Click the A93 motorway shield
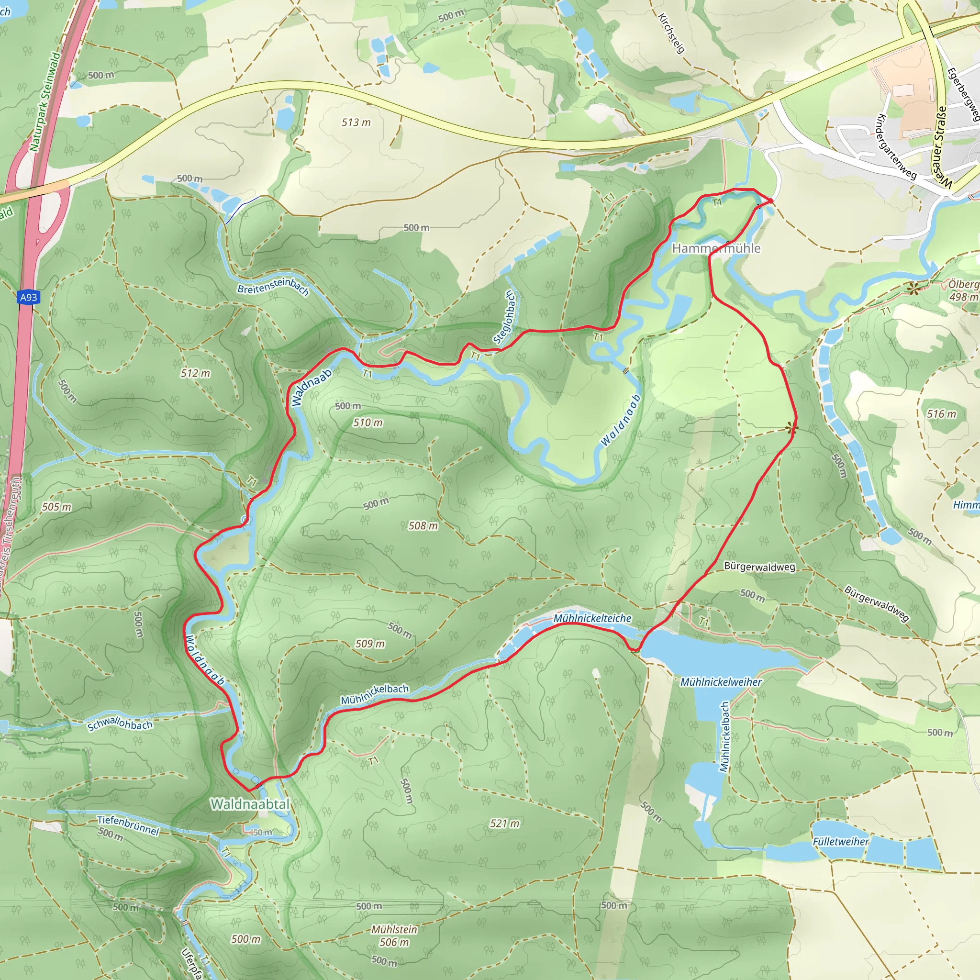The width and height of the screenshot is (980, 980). point(28,297)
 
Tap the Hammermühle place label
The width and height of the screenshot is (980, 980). point(716,248)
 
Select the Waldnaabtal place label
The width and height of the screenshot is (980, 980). point(250,804)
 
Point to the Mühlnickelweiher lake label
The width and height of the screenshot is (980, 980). point(721,682)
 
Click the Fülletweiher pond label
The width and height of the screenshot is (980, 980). point(840,842)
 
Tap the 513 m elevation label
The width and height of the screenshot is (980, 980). point(356,122)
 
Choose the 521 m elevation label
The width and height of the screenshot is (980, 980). point(504,823)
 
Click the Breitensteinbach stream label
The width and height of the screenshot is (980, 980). point(273,289)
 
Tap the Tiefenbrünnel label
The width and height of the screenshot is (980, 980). point(128,825)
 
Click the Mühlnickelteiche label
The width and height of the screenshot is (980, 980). point(592,618)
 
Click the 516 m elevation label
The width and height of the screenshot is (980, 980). point(941,414)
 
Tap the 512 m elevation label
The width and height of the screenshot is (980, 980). point(195,373)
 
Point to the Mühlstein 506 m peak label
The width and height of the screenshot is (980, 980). point(394,936)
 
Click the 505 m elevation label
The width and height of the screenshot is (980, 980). point(56,507)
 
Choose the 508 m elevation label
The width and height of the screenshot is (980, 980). point(423,526)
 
